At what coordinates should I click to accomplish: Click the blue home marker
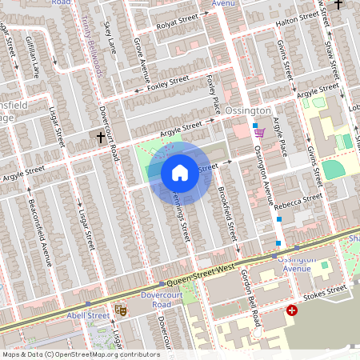180,172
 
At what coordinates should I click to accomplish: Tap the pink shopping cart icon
258,134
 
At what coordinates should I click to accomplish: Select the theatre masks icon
121,309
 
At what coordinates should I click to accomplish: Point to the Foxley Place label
213,94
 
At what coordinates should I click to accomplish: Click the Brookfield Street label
226,215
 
